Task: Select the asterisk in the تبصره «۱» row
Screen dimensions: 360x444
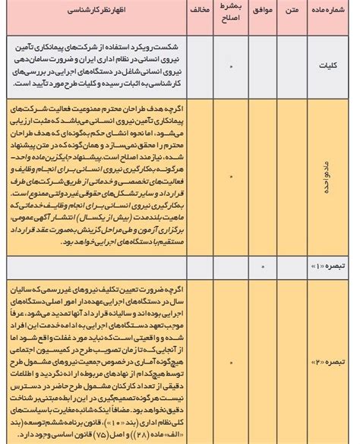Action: (x=262, y=267)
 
